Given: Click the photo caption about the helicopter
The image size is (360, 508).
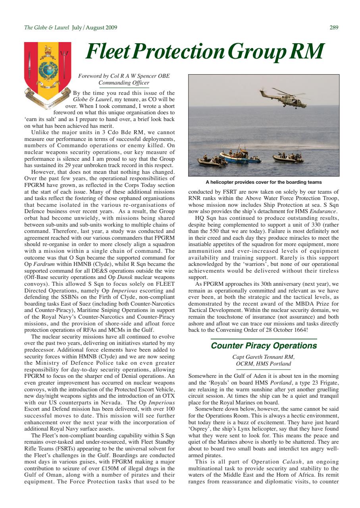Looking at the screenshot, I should click(264, 182).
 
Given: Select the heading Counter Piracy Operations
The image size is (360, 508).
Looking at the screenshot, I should click(264, 346).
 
